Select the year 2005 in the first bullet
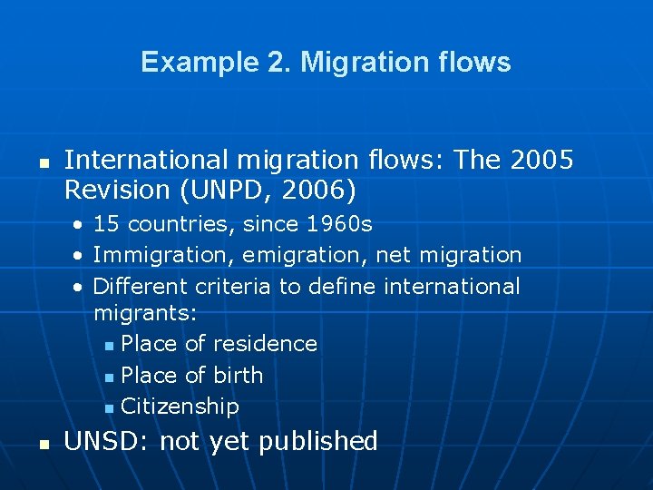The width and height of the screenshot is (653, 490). (x=542, y=161)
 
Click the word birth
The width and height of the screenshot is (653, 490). (x=239, y=375)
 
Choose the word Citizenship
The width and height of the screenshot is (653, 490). (x=180, y=407)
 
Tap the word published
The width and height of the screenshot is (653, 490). (x=317, y=442)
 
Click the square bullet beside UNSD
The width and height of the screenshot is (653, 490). (x=42, y=445)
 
